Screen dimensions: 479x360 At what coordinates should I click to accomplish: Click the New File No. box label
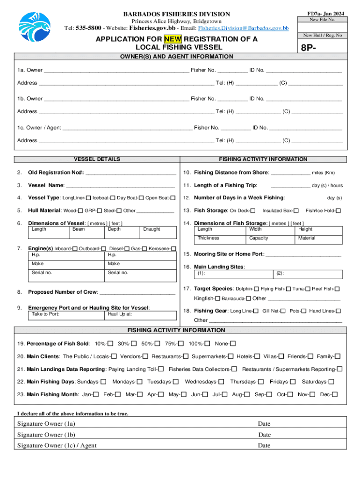point(322,20)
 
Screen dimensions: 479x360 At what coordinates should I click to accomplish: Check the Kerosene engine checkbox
point(173,249)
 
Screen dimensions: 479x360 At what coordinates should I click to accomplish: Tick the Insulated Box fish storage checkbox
point(296,210)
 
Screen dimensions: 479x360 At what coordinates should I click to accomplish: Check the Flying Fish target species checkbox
point(288,289)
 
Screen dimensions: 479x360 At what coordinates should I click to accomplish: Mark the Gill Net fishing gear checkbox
point(283,311)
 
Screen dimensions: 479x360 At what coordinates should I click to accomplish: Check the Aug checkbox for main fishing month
point(246,395)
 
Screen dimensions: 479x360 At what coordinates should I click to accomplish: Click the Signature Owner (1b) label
point(46,435)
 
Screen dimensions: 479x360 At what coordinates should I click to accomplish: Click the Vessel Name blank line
point(121,185)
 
